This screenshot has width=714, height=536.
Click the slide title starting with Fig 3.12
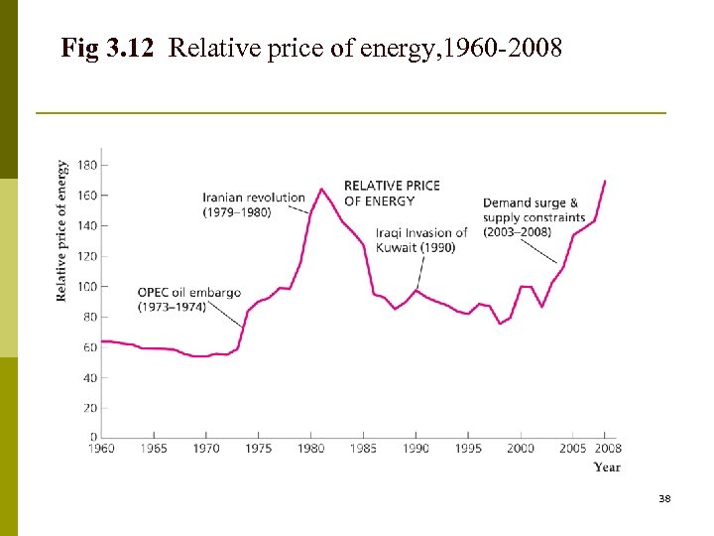click(311, 47)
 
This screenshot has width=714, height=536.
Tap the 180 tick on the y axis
click(86, 165)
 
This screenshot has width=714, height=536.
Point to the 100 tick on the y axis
click(86, 286)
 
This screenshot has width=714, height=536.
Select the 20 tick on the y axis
click(89, 408)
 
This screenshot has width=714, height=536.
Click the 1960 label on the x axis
click(101, 449)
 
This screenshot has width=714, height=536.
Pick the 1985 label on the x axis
click(363, 449)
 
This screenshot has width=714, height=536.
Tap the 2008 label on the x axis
click(607, 449)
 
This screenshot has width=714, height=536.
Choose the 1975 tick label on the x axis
click(258, 449)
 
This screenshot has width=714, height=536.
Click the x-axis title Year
click(607, 467)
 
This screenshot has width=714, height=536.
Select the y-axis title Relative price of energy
click(62, 230)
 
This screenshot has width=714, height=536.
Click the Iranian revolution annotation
click(254, 204)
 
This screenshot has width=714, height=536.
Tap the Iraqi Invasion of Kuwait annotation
click(421, 240)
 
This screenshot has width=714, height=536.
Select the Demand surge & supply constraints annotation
click(535, 217)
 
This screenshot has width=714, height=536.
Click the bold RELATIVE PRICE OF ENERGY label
click(392, 193)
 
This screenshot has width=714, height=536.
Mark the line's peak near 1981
click(321, 189)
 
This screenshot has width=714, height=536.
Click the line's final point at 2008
click(605, 182)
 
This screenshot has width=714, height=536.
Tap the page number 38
click(664, 498)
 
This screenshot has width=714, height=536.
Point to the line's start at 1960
click(102, 341)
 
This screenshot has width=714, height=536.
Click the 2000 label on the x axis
click(521, 449)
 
